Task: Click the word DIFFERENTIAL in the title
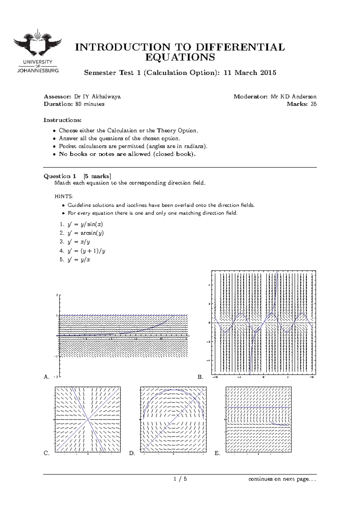click(x=240, y=47)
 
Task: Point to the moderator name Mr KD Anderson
click(x=293, y=97)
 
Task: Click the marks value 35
click(x=313, y=104)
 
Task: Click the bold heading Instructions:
click(x=62, y=120)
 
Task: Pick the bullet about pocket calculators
click(x=133, y=146)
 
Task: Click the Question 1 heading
click(x=60, y=176)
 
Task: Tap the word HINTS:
click(x=64, y=197)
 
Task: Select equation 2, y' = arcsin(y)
click(x=82, y=233)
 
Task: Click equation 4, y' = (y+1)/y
click(x=82, y=251)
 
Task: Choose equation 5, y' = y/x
click(x=75, y=260)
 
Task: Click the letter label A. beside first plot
click(x=46, y=377)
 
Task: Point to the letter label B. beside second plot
click(x=200, y=377)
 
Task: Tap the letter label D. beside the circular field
click(x=132, y=453)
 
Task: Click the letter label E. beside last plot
click(x=217, y=453)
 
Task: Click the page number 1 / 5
click(x=180, y=479)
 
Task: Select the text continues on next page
click(x=282, y=479)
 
